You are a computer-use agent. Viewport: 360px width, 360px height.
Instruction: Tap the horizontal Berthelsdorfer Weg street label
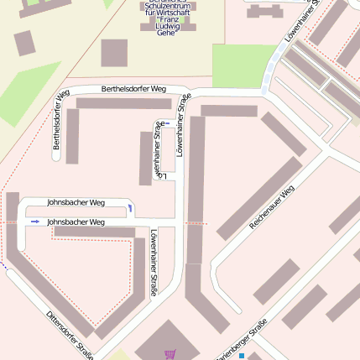[133, 88]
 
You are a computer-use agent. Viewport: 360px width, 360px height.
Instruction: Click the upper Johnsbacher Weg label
[76, 202]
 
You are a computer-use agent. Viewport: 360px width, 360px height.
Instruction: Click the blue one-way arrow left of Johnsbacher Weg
[34, 221]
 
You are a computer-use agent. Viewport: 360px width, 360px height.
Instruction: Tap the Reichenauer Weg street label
[273, 208]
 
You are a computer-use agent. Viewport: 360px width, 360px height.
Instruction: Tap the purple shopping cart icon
[170, 354]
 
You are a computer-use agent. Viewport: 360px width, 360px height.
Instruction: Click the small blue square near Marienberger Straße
[241, 355]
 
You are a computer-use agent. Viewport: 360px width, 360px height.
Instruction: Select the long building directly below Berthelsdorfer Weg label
[124, 104]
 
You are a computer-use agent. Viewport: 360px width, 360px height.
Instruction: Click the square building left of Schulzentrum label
[114, 53]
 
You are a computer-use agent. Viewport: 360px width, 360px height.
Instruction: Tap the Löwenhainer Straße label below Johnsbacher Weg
[154, 262]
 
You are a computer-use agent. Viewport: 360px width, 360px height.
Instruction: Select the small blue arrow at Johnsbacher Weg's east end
[130, 207]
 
